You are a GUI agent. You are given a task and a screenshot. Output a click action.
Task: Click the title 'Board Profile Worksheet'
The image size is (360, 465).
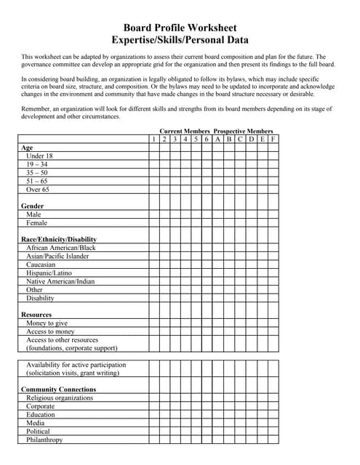coord(180,27)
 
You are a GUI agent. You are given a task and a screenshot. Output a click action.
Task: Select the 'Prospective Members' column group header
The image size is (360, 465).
coord(243,131)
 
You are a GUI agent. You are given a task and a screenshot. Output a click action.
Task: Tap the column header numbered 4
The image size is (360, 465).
coord(185,139)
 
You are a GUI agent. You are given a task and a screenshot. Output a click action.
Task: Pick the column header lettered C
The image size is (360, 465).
coord(239,139)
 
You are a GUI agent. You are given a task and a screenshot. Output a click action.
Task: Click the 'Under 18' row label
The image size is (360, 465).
coord(39,155)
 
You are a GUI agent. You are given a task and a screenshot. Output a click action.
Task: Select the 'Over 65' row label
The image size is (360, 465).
coord(38,189)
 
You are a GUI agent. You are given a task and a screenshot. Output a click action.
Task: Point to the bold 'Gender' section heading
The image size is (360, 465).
coord(33,206)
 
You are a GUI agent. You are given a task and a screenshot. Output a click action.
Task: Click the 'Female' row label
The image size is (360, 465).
coord(36,223)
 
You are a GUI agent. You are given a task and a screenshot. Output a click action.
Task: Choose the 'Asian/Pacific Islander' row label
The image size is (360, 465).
coord(57,256)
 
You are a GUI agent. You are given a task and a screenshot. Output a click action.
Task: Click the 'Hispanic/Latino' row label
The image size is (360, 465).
coord(49,273)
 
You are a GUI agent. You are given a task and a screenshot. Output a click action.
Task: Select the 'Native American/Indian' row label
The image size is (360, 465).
coord(60,281)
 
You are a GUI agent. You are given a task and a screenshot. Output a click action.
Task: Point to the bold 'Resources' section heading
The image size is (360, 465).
coord(36,315)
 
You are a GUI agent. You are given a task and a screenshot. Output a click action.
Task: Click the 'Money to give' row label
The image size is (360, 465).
coord(47,323)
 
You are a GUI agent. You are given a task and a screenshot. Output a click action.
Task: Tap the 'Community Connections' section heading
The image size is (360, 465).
coord(58,389)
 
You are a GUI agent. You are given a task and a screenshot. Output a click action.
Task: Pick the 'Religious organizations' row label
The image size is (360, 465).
coord(60,397)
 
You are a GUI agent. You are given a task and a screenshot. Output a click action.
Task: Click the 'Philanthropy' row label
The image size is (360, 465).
coord(44,440)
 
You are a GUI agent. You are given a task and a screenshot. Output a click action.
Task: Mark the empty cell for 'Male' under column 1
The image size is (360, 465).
coord(154,214)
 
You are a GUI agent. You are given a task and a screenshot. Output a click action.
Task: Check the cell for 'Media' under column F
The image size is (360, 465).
coord(273,423)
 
